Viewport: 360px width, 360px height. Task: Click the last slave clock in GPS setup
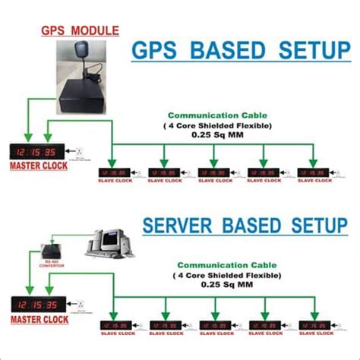(x=311, y=173)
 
